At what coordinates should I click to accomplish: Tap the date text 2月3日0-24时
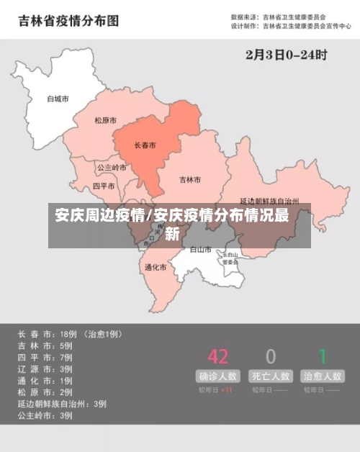coord(286,54)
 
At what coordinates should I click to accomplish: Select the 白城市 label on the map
coord(58,99)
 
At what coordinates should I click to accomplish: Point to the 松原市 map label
coord(106,121)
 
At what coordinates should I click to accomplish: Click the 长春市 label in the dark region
coord(145,145)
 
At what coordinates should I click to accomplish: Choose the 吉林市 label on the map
coord(190,179)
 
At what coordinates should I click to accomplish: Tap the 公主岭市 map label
coord(112,168)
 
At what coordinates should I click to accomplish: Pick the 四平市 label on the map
coord(104,186)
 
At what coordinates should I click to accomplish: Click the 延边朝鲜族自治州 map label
coord(270,202)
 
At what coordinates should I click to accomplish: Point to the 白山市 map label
coord(200,250)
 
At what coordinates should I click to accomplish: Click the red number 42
coord(217,356)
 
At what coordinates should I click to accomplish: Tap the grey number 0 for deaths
coord(271,356)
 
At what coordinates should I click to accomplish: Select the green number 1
coord(323,356)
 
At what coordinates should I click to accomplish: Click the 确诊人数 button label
coord(217,376)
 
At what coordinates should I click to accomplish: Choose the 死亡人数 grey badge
coord(271,376)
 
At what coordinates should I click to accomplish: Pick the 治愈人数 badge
coord(323,376)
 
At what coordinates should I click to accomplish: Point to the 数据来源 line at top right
coord(278,16)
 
